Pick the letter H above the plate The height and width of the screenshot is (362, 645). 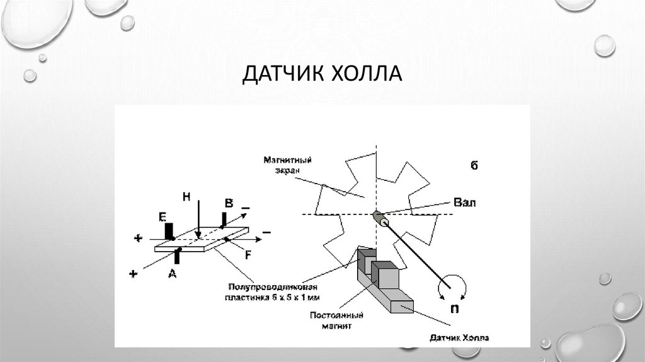tap(186, 197)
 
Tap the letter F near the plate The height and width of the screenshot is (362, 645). tap(248, 255)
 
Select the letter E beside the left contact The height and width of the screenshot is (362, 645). tap(162, 218)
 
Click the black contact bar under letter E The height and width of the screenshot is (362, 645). tap(169, 231)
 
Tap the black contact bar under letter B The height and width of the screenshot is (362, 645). tap(224, 219)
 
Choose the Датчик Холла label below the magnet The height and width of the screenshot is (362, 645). tap(460, 338)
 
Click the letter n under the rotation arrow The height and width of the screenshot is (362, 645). tap(452, 309)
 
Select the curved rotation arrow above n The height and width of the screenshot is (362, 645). tap(452, 284)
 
